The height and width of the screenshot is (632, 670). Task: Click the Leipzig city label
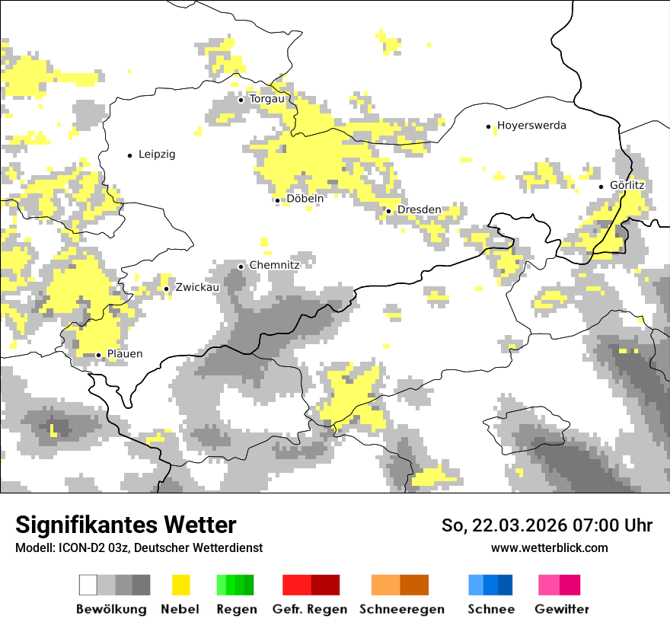[157, 155]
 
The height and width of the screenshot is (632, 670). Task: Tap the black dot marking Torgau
[241, 100]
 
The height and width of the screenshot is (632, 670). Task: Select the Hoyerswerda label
[531, 126]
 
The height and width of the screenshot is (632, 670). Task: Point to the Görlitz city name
[627, 185]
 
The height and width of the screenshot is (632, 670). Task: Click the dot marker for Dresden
[388, 211]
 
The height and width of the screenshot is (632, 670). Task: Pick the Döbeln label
[305, 199]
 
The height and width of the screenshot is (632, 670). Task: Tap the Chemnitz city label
[274, 265]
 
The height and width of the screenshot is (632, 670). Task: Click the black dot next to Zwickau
[167, 289]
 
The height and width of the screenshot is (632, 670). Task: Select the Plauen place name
[125, 354]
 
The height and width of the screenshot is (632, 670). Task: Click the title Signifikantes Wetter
[126, 525]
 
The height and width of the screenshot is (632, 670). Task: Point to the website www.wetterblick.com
[549, 548]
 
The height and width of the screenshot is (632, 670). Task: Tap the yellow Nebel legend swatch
[180, 585]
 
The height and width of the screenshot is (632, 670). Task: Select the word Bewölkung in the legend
[111, 609]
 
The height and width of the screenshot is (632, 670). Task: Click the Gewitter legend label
[561, 609]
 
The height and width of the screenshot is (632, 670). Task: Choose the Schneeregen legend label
[401, 609]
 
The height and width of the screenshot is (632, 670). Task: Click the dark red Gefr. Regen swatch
[325, 585]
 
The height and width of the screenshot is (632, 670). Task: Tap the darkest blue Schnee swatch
[505, 585]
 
